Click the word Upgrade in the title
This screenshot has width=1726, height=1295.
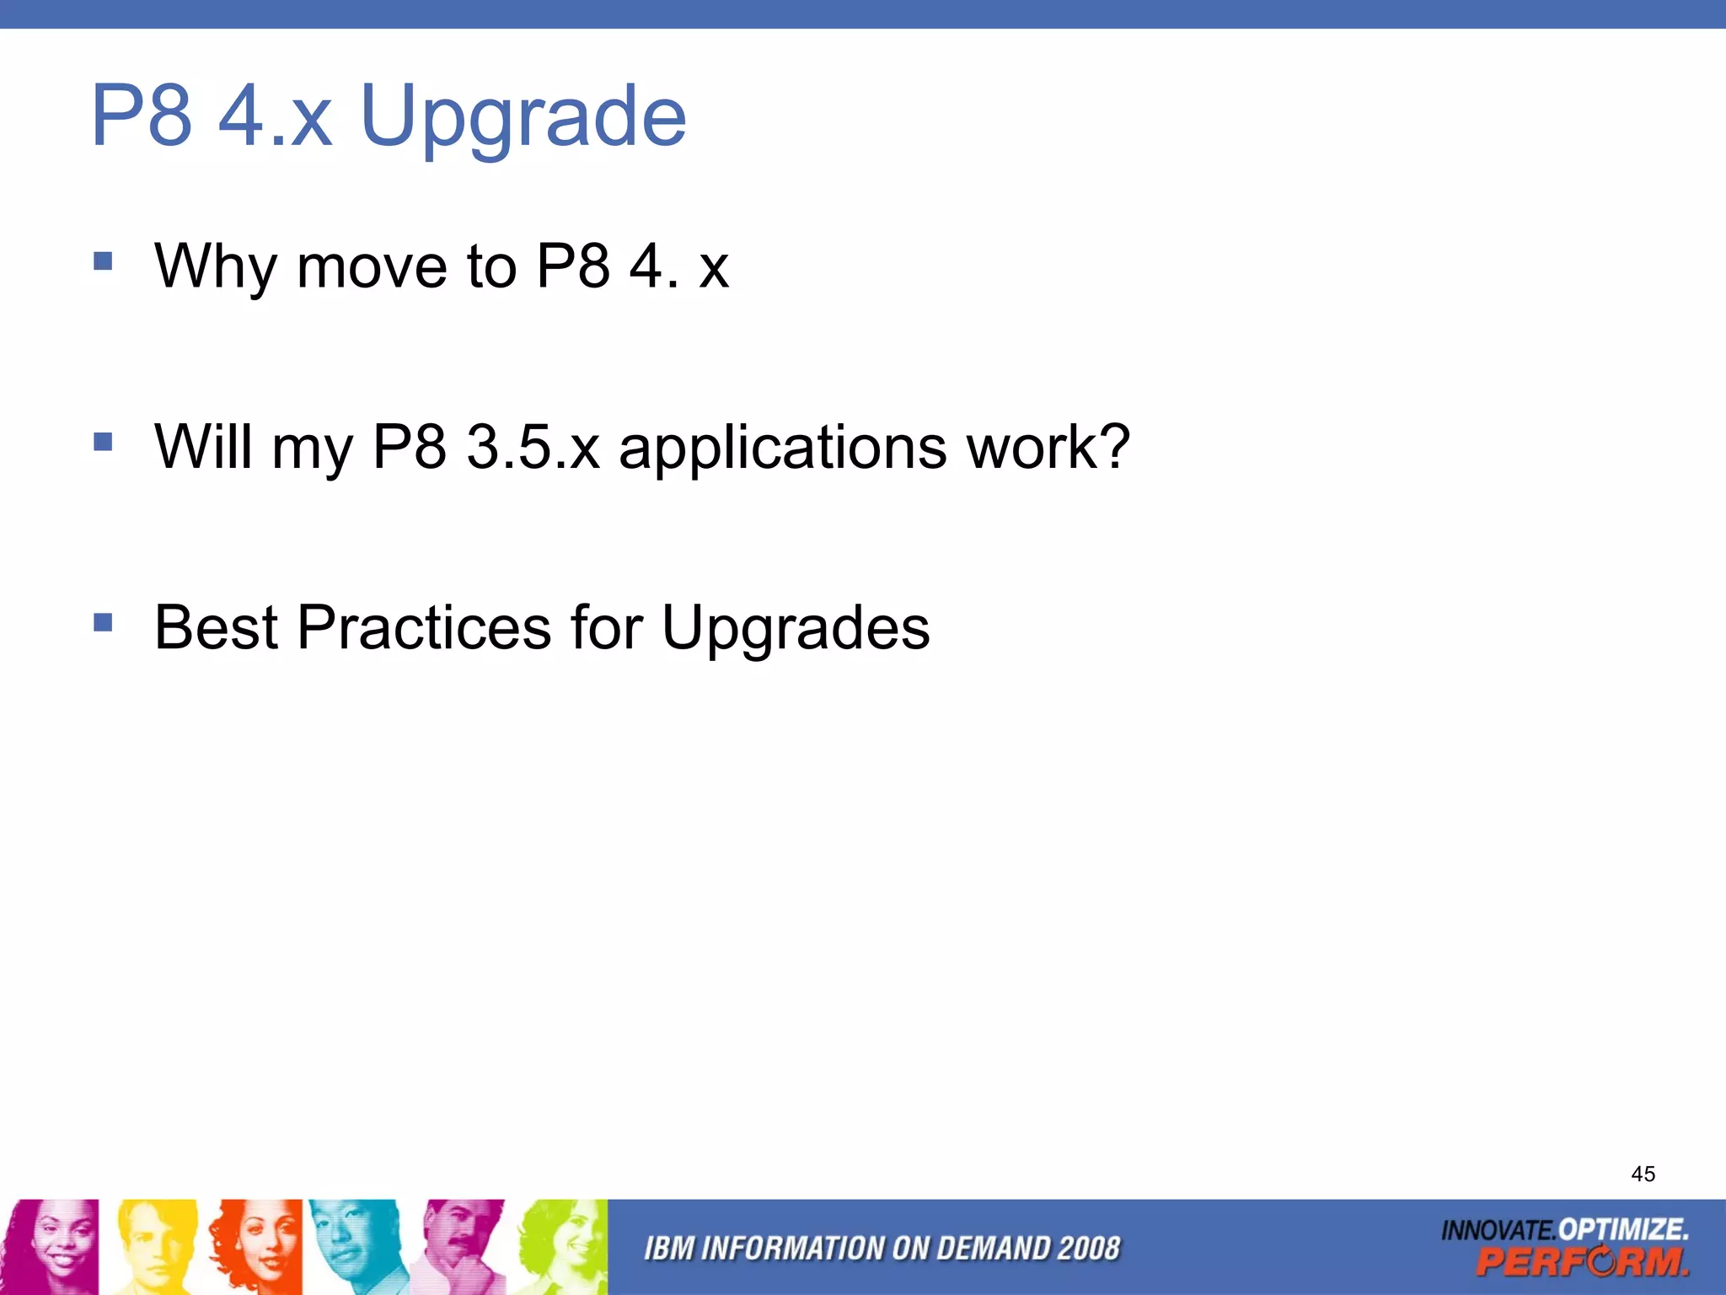point(523,118)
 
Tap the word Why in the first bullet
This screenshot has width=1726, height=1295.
point(215,266)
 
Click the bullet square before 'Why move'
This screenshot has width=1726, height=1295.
point(103,261)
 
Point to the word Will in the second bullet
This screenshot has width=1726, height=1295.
point(202,446)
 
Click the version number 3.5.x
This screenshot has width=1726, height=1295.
point(533,446)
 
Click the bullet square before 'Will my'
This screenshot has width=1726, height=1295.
point(103,442)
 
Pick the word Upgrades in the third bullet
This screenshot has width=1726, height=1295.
point(796,629)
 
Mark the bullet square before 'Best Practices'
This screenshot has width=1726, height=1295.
point(103,623)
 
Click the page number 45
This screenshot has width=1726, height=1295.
point(1643,1174)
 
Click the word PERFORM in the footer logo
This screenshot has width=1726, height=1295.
point(1582,1262)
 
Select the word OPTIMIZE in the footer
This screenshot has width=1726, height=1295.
point(1622,1229)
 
